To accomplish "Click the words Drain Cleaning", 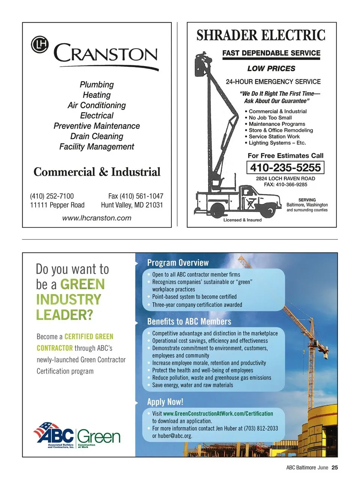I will (x=97, y=136).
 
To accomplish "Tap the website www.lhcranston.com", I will (x=97, y=218).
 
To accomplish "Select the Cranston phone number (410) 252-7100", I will (x=52, y=196).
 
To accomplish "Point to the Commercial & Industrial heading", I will (x=97, y=172).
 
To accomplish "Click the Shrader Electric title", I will (x=261, y=35).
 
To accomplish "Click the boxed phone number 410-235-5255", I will (x=285, y=167).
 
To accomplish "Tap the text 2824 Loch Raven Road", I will (x=285, y=179).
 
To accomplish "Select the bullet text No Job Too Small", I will (x=270, y=117).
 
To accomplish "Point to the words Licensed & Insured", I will (x=242, y=220).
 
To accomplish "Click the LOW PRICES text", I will (x=271, y=69).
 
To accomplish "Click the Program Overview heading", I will (x=178, y=263).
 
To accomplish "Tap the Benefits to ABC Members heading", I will (x=189, y=321).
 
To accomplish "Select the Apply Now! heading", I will (x=165, y=402).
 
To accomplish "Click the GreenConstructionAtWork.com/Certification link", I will (x=218, y=413).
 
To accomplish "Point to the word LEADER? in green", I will (x=64, y=315).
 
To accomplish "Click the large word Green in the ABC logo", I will (x=99, y=437).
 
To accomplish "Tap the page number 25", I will (x=335, y=467).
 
